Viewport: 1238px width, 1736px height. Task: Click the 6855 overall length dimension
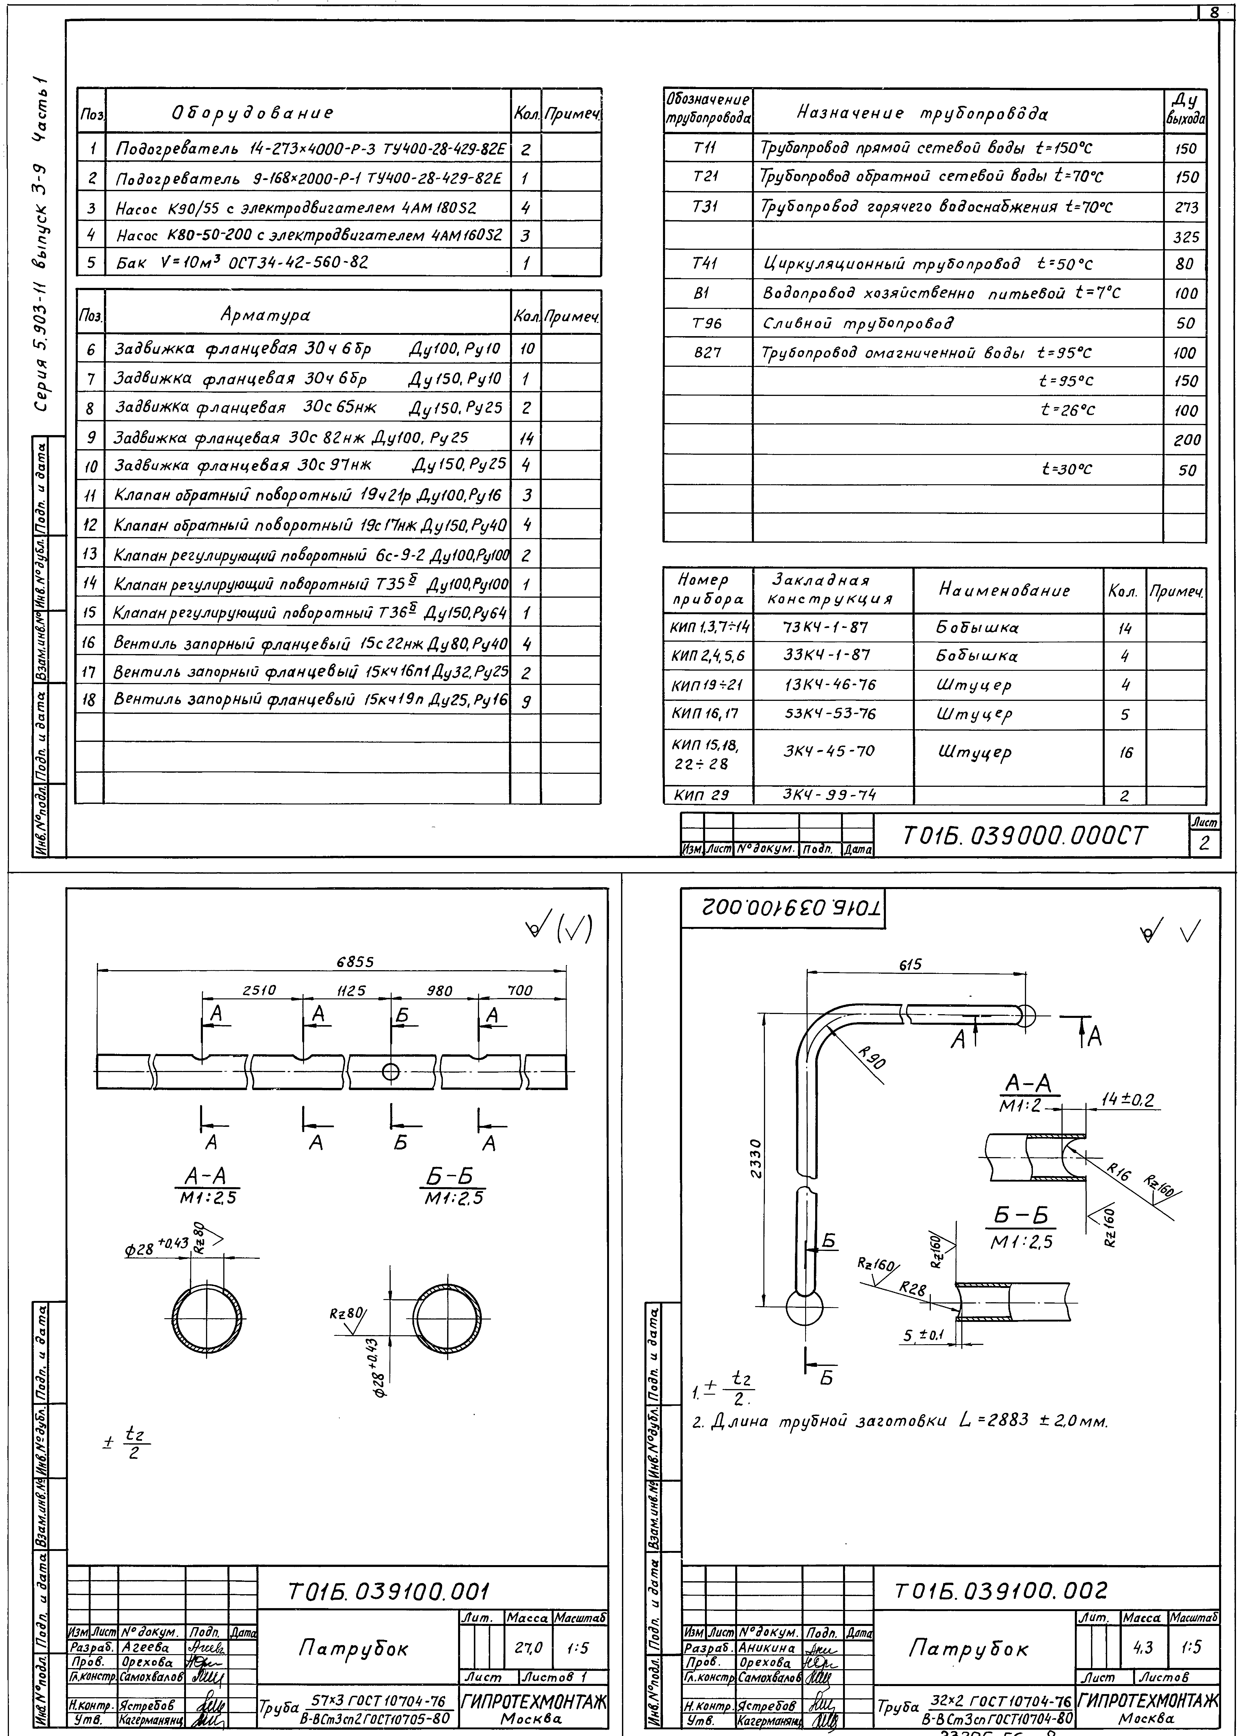point(355,962)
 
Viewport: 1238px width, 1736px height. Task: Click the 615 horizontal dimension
point(910,964)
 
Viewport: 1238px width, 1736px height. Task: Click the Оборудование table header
point(251,113)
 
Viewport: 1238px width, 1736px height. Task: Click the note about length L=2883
point(899,1421)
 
